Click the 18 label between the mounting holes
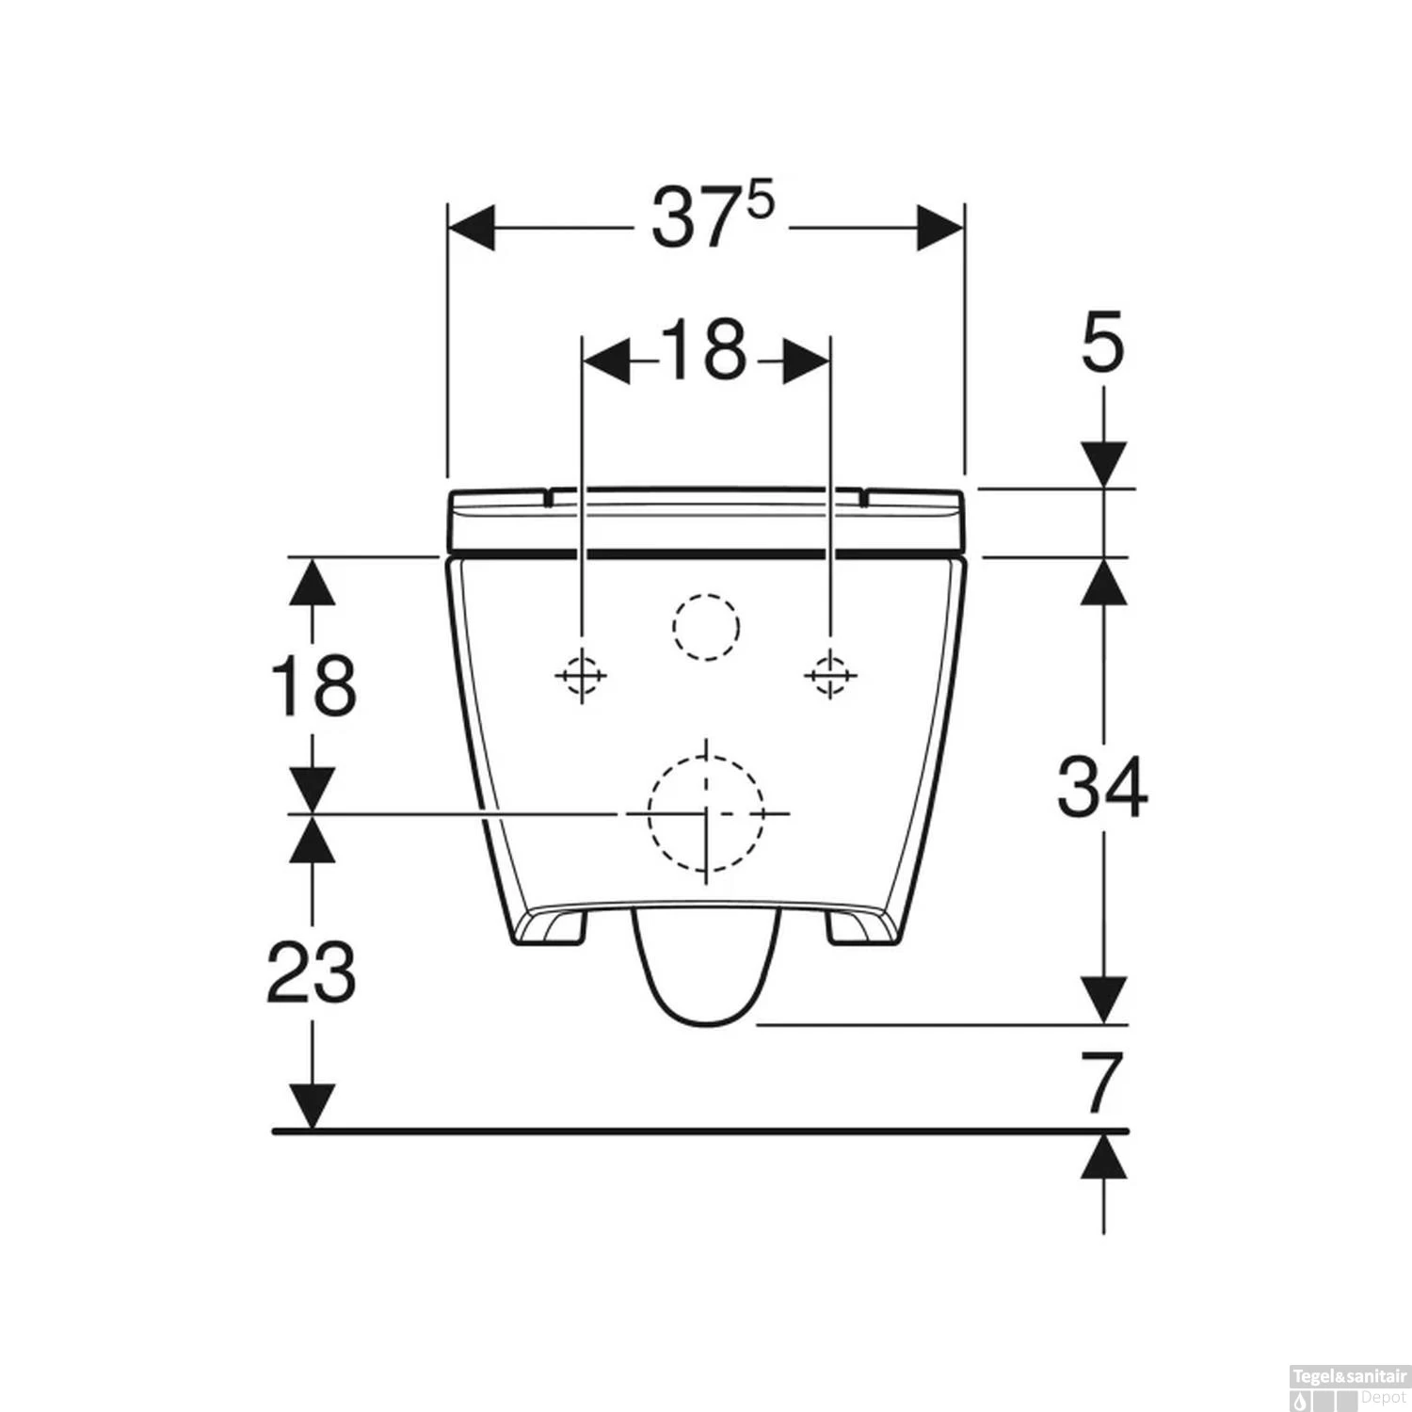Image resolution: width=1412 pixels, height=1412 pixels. point(703,350)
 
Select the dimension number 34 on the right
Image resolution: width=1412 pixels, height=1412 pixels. point(1102,786)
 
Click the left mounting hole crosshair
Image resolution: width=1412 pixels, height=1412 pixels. point(581,675)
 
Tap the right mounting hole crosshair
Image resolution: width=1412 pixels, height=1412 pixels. point(829,675)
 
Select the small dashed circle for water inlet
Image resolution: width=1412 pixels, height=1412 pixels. point(706,627)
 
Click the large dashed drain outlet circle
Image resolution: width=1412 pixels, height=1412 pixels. point(706,812)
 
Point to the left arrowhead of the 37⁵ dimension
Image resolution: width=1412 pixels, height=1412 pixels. point(472,228)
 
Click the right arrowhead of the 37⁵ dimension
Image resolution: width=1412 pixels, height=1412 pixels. point(940,228)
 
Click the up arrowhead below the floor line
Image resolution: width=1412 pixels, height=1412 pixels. point(1103,1156)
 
